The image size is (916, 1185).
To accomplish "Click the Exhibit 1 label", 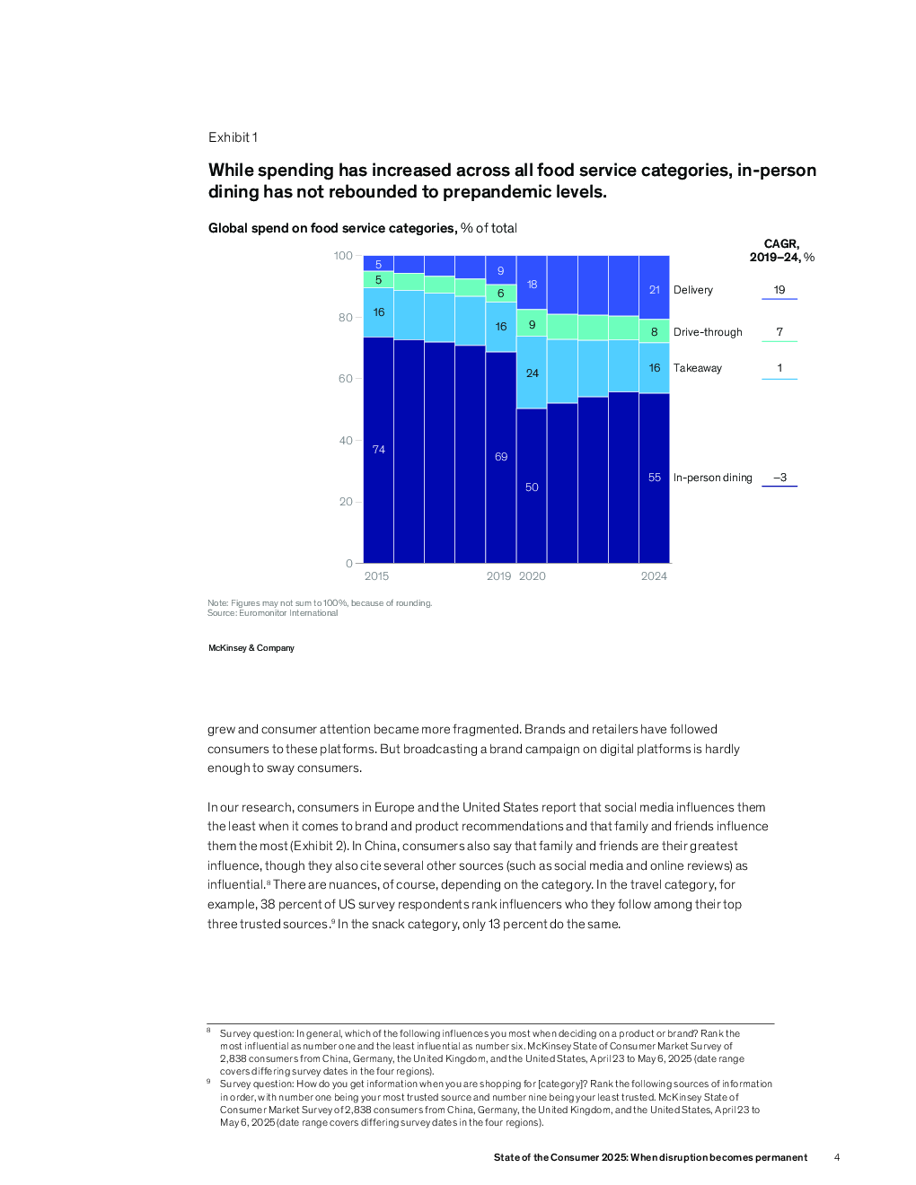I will coord(233,137).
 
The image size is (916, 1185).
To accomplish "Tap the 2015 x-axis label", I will coord(376,576).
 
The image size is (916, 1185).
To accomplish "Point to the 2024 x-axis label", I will coord(654,576).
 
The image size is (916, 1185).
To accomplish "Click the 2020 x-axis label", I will coord(532,576).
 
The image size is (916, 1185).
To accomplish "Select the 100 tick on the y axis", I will coord(343,256).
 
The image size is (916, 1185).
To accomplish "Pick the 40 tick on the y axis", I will coord(346,441).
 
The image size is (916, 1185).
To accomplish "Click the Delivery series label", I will coord(692,290).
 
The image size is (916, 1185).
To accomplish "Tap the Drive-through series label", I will coord(708,332).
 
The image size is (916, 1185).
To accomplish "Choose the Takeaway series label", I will coord(697,368).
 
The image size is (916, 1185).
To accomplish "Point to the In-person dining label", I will coord(712,478).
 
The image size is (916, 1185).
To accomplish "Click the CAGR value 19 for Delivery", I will coord(779,290).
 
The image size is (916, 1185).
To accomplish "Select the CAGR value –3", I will coord(779,478).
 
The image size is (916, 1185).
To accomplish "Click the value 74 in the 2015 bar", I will coord(378,450).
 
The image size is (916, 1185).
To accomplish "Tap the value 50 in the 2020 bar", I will coord(532,487).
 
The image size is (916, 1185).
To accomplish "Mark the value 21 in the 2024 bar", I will coord(654,290).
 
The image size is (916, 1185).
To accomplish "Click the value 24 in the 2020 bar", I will coord(532,373).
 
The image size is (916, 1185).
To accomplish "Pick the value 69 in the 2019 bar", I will coord(501,457).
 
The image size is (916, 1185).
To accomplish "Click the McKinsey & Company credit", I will coord(251,648).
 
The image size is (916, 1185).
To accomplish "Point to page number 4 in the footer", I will coord(837,1158).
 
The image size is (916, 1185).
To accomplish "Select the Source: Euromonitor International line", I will coord(272,613).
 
